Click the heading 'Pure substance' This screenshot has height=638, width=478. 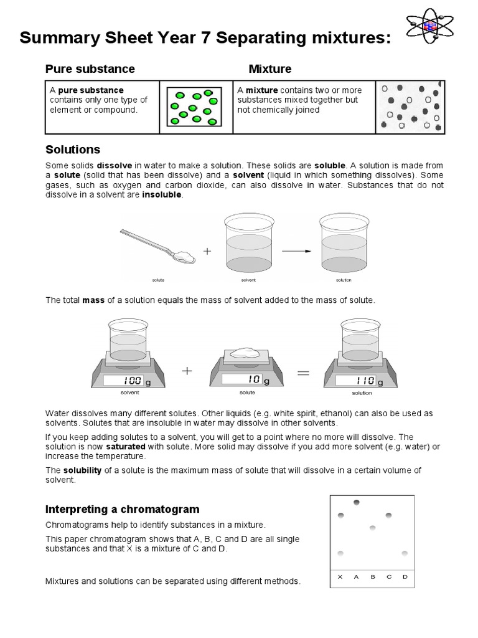point(90,69)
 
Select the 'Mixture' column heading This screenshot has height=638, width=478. point(269,69)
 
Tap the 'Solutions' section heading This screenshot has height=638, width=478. point(73,150)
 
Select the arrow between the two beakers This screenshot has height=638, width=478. point(296,251)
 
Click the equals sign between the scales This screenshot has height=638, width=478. point(302,373)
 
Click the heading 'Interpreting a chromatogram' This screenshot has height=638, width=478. point(123,510)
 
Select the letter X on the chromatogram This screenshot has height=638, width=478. point(340,577)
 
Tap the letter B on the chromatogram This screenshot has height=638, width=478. point(373,577)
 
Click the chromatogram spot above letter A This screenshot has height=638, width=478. point(357,502)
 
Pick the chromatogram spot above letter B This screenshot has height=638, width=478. point(373,528)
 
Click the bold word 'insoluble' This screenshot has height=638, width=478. point(162,194)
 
